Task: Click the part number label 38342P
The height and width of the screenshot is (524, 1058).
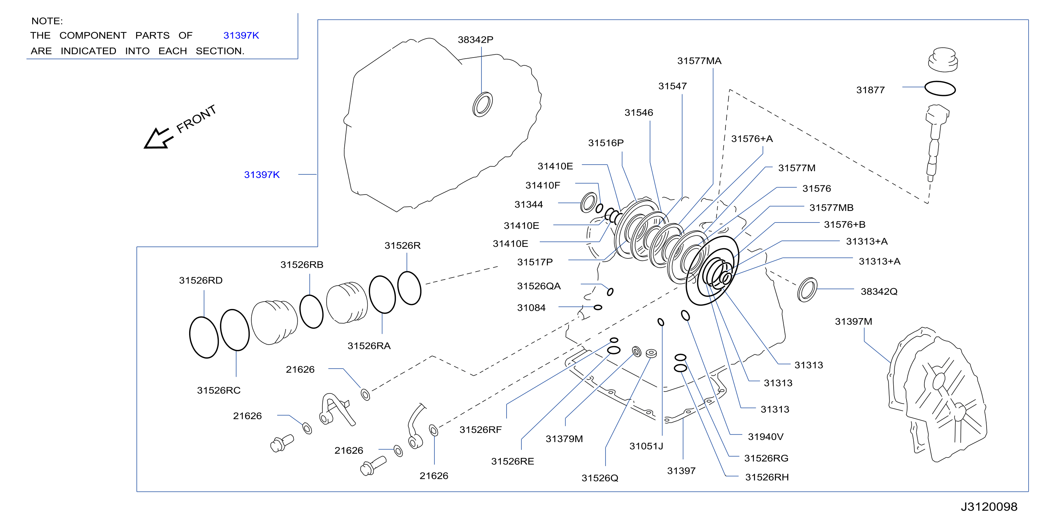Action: click(x=475, y=40)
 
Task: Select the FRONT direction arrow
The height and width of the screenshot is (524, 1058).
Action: click(x=158, y=138)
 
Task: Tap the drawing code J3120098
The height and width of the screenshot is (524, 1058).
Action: click(x=989, y=507)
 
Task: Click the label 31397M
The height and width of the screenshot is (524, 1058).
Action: click(x=853, y=322)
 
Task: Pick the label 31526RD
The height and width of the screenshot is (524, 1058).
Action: click(x=201, y=281)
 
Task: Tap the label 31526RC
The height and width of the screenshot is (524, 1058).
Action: click(x=218, y=391)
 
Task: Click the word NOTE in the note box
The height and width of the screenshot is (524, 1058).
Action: click(x=46, y=21)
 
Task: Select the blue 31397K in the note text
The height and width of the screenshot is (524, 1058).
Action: click(x=241, y=36)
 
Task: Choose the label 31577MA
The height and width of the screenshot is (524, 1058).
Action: click(x=699, y=61)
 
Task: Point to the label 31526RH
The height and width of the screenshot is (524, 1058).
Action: click(x=767, y=477)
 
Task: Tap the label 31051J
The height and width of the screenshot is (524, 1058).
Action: click(x=646, y=446)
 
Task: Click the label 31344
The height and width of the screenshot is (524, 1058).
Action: click(x=528, y=205)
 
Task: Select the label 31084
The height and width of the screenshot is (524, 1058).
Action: click(x=531, y=308)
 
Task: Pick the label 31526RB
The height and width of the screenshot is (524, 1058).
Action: click(x=302, y=265)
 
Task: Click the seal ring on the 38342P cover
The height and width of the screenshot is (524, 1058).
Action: click(x=483, y=104)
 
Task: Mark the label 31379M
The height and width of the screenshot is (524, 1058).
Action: click(x=564, y=439)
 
